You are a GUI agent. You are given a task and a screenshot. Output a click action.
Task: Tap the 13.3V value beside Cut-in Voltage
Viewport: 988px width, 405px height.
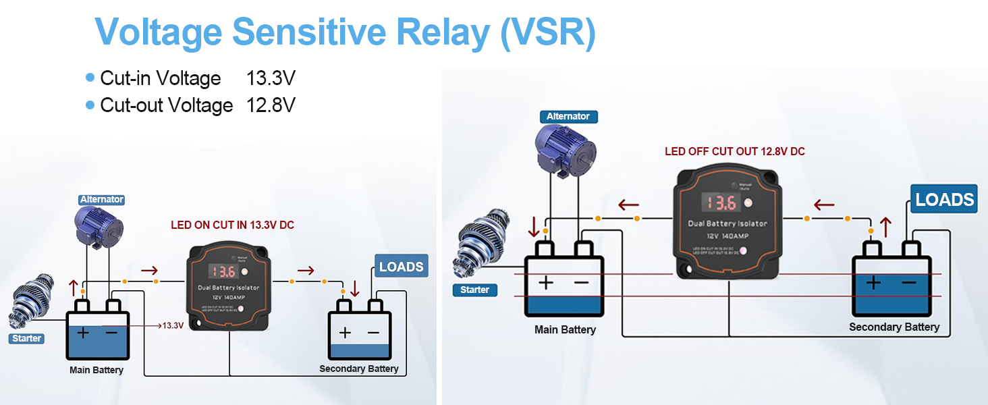click(x=271, y=78)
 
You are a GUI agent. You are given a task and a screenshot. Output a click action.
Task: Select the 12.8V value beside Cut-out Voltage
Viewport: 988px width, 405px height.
click(x=271, y=105)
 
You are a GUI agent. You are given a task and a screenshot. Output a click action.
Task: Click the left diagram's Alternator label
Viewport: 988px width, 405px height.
click(x=101, y=199)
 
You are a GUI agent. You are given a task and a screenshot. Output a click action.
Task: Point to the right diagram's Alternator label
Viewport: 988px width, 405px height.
click(x=568, y=117)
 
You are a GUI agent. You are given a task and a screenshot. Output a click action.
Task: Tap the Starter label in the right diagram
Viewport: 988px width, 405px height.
click(x=474, y=290)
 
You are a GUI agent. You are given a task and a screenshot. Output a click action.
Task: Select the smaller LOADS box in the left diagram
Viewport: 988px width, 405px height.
click(x=401, y=267)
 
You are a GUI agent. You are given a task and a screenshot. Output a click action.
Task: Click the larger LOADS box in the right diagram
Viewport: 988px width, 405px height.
click(x=944, y=200)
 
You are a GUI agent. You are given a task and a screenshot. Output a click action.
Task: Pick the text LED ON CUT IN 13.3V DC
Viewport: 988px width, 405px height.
click(x=232, y=225)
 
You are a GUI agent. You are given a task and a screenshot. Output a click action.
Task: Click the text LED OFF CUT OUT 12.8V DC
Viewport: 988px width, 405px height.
click(x=734, y=151)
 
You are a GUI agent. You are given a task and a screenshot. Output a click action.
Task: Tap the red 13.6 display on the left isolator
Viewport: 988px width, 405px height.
click(x=223, y=271)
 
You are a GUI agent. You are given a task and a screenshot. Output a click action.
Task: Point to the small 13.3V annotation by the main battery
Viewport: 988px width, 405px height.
click(x=173, y=325)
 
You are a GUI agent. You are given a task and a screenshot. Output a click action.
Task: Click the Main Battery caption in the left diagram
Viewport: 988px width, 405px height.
click(x=97, y=370)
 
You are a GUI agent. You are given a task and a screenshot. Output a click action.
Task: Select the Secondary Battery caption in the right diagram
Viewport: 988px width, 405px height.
click(x=894, y=327)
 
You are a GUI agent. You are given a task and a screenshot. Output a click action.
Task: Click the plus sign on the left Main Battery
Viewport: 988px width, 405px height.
click(x=83, y=333)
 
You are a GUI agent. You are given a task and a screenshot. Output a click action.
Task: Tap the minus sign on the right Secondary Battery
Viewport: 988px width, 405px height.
click(x=909, y=281)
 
